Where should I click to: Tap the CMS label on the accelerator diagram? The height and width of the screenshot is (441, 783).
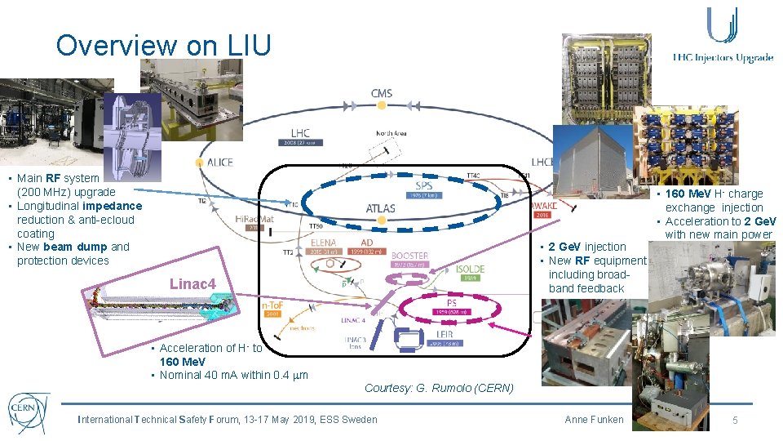[x=382, y=93]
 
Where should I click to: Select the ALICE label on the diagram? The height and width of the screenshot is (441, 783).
[x=219, y=163]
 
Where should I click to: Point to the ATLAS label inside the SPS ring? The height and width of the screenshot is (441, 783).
[x=381, y=208]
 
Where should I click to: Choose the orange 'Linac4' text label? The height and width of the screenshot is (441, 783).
[x=192, y=283]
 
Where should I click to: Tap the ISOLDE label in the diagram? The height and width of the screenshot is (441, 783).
[x=471, y=269]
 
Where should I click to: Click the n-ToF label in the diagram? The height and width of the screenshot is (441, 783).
[x=272, y=305]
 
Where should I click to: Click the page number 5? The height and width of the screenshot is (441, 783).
[x=735, y=420]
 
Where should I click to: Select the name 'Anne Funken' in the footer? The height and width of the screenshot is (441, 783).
[x=594, y=420]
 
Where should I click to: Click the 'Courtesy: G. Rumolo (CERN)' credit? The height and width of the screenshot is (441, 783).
[x=439, y=388]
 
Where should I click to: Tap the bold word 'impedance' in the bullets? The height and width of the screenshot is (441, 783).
[x=112, y=206]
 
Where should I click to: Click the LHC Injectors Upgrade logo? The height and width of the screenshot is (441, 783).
[x=723, y=37]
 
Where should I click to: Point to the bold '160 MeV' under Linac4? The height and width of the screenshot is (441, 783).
[x=183, y=361]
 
